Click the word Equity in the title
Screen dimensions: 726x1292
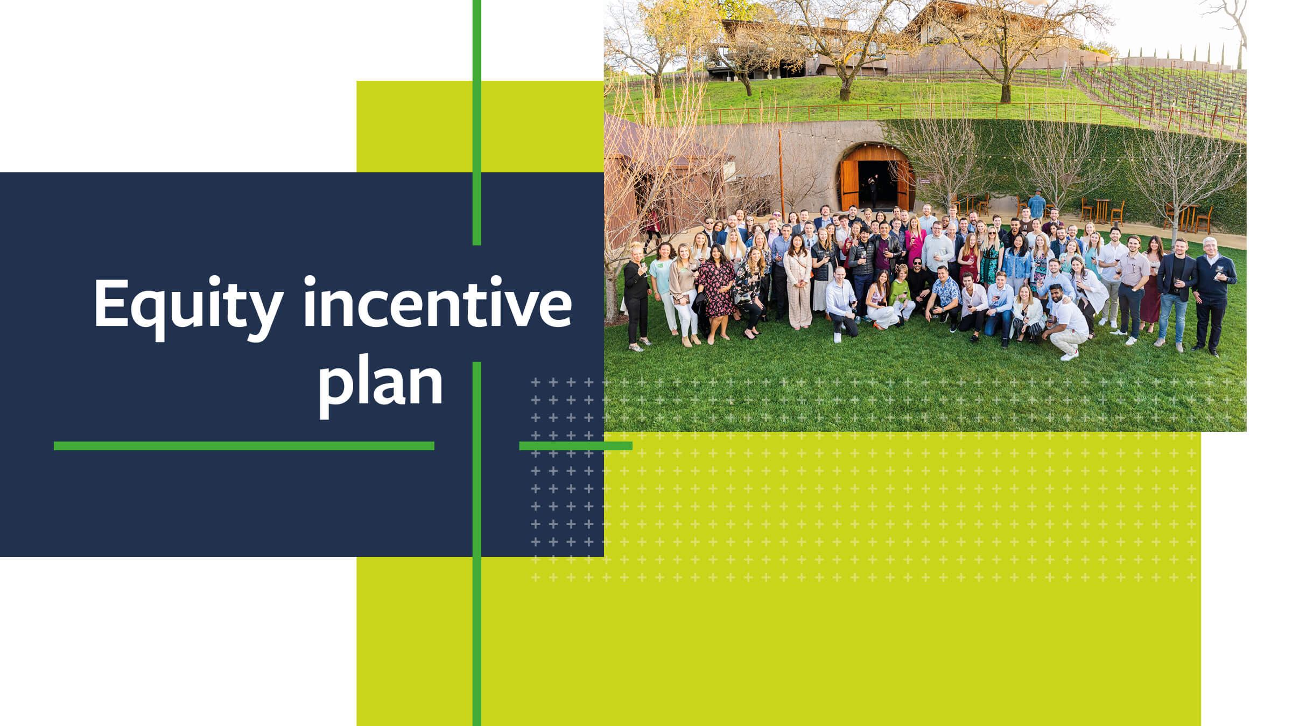point(188,304)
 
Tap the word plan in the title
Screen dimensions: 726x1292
point(381,382)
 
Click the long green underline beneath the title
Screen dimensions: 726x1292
point(244,446)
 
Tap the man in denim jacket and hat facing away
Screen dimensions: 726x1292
point(1036,205)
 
